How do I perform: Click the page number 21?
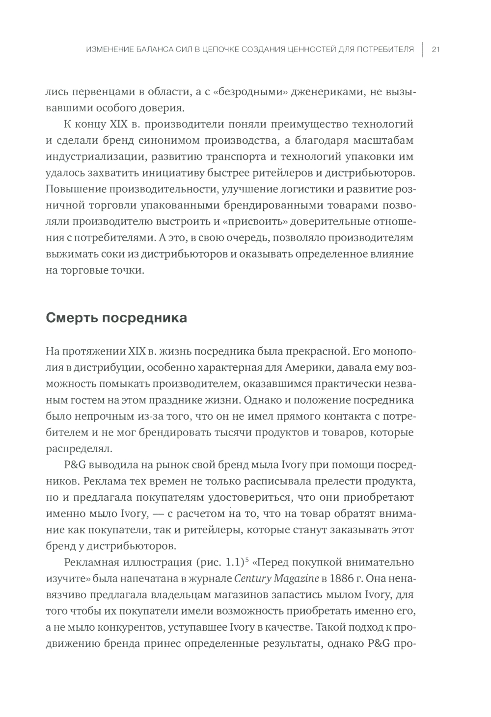435,49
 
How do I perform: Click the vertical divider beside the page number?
422,49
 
